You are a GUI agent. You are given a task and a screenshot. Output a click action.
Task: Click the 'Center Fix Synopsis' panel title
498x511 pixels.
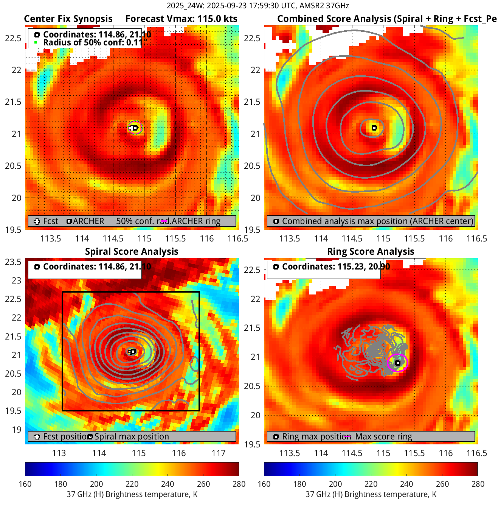click(x=68, y=19)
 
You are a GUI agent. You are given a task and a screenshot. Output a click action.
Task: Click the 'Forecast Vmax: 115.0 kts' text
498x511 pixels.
click(x=181, y=19)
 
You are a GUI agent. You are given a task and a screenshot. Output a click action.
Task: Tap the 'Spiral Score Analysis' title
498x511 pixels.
click(x=132, y=252)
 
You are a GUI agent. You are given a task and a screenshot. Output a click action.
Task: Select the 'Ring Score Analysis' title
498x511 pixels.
click(x=371, y=252)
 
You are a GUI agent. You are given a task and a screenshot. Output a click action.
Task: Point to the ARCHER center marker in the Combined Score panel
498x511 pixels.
click(x=374, y=128)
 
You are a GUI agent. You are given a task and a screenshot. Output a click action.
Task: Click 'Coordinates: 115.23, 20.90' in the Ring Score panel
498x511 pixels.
click(x=336, y=267)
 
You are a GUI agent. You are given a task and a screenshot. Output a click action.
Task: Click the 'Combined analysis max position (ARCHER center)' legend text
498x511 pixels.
click(x=377, y=221)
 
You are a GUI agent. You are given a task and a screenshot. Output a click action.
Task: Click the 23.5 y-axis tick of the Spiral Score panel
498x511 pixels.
click(x=13, y=262)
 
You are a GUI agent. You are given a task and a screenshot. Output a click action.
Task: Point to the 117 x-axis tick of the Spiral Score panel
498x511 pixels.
click(x=219, y=453)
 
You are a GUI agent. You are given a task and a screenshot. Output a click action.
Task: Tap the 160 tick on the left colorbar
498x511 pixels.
click(x=25, y=484)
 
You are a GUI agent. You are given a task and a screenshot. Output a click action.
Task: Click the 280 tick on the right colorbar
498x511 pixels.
click(x=478, y=484)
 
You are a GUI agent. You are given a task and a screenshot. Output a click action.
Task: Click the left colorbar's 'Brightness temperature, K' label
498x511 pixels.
click(x=132, y=494)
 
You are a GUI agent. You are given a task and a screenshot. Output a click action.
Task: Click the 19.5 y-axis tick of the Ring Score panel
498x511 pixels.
click(x=253, y=444)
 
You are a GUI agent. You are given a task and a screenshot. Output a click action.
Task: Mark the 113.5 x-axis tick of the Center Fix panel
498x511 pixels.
click(x=51, y=238)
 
